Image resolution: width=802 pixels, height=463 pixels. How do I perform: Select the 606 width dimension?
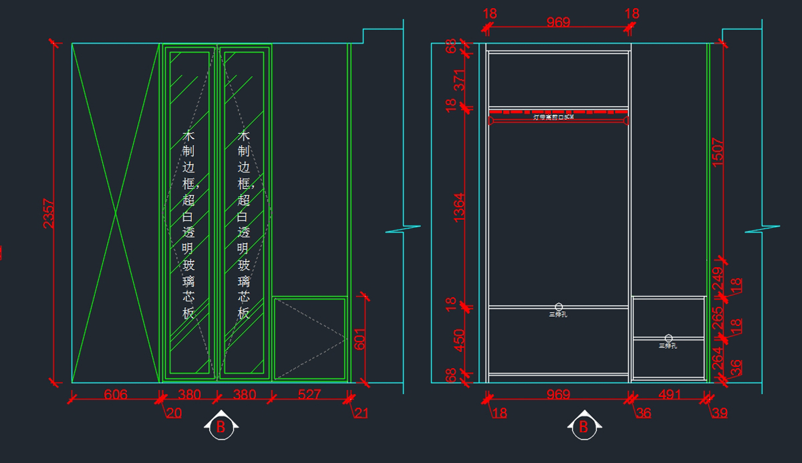[x=116, y=395]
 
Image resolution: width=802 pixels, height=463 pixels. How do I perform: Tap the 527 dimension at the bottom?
[x=309, y=395]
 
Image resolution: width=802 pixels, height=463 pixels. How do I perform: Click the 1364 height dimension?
[x=459, y=208]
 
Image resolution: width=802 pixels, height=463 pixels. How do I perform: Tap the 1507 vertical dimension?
[x=717, y=152]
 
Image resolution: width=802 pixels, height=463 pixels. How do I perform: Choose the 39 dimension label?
[x=719, y=414]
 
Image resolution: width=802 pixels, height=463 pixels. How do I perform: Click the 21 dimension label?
[x=361, y=414]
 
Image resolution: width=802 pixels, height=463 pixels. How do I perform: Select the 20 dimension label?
[x=174, y=414]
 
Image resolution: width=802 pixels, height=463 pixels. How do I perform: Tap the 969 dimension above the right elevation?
[x=558, y=23]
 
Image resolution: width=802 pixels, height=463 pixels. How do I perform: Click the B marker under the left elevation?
[x=220, y=426]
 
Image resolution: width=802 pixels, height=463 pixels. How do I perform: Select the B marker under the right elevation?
[x=583, y=426]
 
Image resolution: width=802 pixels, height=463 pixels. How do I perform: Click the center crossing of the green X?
[x=116, y=213]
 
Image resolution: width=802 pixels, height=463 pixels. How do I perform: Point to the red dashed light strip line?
[x=558, y=112]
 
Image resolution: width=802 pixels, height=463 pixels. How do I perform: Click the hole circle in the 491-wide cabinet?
[x=668, y=339]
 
